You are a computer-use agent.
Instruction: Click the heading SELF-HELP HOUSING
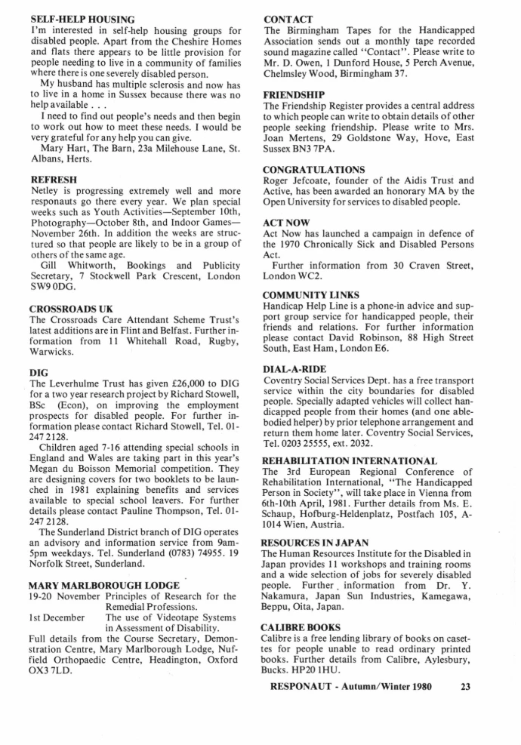(x=82, y=18)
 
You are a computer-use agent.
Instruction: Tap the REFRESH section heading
(x=53, y=180)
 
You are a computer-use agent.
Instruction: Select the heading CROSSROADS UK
(x=71, y=309)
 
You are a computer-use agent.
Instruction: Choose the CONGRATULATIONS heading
(x=313, y=169)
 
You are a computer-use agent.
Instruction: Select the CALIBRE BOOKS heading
(x=301, y=627)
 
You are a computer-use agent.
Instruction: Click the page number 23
(x=464, y=687)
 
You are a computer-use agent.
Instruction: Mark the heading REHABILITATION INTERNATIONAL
(x=350, y=460)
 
